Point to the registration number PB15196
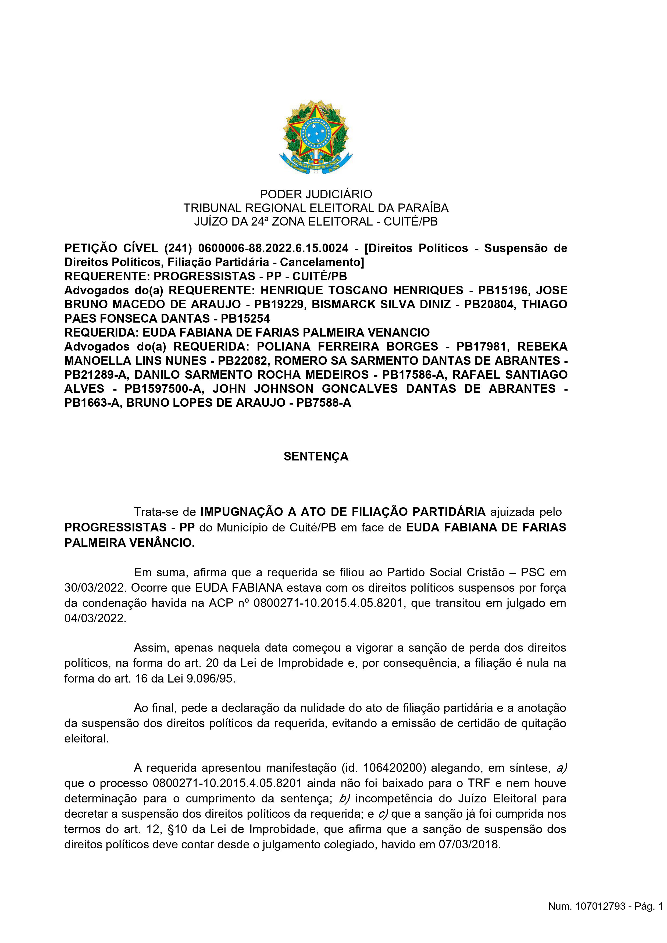(x=500, y=290)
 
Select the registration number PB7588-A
(x=324, y=402)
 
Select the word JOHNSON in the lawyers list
(x=283, y=388)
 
